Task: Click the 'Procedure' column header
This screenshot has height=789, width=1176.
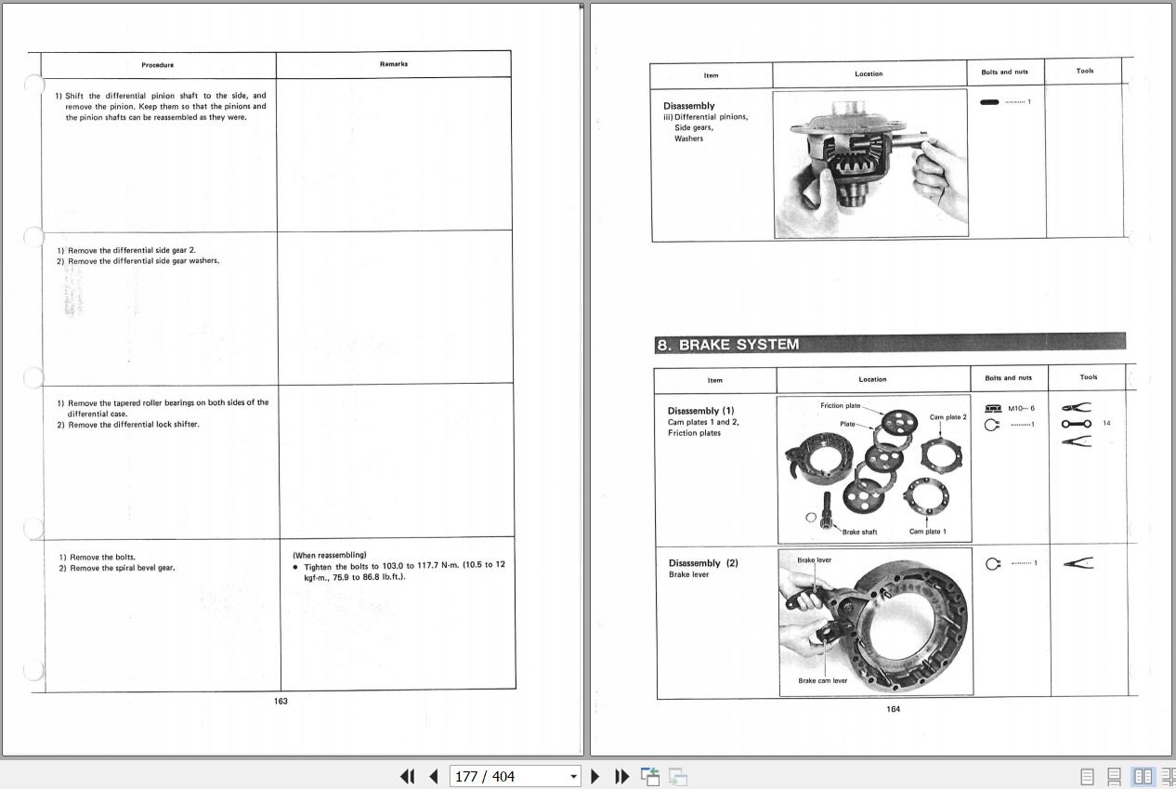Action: (x=158, y=65)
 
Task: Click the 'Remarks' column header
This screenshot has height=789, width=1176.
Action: (x=394, y=64)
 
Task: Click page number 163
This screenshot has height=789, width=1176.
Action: (x=281, y=701)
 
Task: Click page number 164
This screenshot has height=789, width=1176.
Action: (x=893, y=709)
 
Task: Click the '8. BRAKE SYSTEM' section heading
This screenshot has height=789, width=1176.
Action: (x=727, y=345)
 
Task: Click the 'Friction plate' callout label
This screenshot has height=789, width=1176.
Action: (x=840, y=406)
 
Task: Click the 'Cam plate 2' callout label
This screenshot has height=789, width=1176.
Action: (x=947, y=417)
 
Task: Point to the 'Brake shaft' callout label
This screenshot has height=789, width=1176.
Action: (x=859, y=533)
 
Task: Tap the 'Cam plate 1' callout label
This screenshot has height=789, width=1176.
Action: (x=927, y=532)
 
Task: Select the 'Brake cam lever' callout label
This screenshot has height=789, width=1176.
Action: (x=822, y=680)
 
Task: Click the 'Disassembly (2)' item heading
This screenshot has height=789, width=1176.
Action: (x=703, y=563)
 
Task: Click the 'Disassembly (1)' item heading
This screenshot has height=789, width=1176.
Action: (x=700, y=411)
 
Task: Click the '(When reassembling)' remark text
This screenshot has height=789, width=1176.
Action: (x=329, y=555)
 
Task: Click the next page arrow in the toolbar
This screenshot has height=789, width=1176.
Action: (x=595, y=776)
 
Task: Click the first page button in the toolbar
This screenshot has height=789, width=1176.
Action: (x=407, y=776)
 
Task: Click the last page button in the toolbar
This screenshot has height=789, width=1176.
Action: (x=621, y=776)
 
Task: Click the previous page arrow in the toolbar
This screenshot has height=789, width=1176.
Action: (x=433, y=776)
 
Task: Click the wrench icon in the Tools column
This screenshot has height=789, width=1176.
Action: (x=1076, y=424)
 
